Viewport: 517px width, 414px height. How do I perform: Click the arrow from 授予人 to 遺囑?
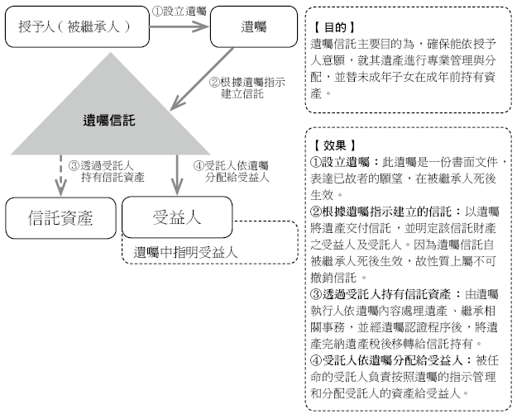(x=180, y=26)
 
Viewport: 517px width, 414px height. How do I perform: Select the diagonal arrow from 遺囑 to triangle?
(x=202, y=79)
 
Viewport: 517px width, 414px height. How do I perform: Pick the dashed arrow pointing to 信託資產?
(x=60, y=175)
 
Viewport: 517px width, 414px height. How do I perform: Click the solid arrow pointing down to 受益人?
(x=177, y=175)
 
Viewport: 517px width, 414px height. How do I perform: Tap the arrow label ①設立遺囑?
(x=179, y=12)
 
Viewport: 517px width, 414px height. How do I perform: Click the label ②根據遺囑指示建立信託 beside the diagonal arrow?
(x=247, y=88)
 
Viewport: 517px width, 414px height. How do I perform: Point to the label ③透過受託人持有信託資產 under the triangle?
(x=107, y=171)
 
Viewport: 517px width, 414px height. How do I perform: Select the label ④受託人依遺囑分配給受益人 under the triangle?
(x=231, y=171)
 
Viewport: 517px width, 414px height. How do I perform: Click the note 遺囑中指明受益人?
(x=185, y=253)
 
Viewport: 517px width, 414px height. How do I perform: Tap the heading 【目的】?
(x=334, y=27)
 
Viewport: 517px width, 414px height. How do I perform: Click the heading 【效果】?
(x=334, y=145)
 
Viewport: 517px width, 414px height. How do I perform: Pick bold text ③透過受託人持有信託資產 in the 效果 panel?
(x=381, y=294)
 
